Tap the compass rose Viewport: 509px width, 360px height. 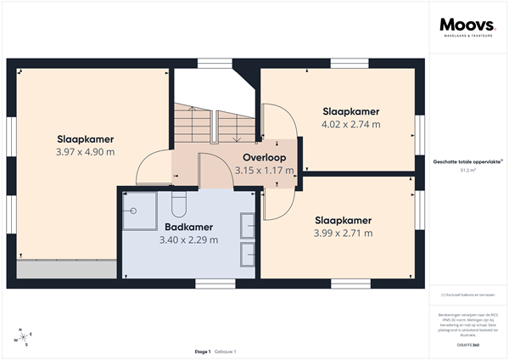pyautogui.click(x=24, y=337)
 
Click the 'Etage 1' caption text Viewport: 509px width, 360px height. pyautogui.click(x=203, y=351)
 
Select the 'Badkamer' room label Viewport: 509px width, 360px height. pyautogui.click(x=188, y=228)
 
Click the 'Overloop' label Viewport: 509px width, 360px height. pyautogui.click(x=264, y=158)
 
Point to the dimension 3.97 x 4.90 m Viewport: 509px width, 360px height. pyautogui.click(x=86, y=152)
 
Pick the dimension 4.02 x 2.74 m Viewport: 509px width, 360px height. pyautogui.click(x=350, y=124)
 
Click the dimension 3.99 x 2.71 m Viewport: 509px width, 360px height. pyautogui.click(x=343, y=233)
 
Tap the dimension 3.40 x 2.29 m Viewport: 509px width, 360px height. pyautogui.click(x=188, y=239)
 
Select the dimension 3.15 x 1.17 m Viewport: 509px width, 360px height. pyautogui.click(x=264, y=171)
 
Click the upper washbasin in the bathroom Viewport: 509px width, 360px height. pyautogui.click(x=249, y=226)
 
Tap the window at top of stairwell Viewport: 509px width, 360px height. pyautogui.click(x=215, y=61)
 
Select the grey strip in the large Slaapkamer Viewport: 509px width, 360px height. pyautogui.click(x=66, y=270)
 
